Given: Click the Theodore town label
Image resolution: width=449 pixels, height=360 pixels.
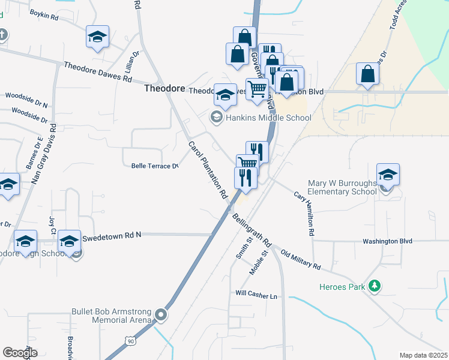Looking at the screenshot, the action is [164, 88].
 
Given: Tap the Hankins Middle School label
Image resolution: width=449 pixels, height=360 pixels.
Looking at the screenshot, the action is [268, 118].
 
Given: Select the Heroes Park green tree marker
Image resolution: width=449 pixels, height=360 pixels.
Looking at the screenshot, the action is [375, 286].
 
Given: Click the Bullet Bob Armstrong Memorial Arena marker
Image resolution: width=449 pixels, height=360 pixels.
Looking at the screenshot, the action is [160, 314].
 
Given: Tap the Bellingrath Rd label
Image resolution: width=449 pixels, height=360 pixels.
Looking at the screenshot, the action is [252, 230].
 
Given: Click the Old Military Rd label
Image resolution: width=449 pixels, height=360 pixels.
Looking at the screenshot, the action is [301, 259].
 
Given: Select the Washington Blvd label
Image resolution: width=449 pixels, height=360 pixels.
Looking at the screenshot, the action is [387, 241].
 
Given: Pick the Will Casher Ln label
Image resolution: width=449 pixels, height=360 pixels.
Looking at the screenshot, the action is [256, 295].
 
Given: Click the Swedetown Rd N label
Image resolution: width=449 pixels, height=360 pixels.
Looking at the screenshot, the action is [112, 235].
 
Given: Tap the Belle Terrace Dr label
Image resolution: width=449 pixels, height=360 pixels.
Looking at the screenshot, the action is [155, 166].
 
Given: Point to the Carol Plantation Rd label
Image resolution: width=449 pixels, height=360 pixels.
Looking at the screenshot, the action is [208, 170].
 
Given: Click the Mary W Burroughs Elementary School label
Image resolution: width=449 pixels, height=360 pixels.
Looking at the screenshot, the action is [342, 187].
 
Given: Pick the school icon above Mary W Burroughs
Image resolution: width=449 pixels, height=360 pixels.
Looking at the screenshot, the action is [388, 174].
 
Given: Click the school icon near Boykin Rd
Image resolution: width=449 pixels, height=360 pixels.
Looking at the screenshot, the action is [97, 37].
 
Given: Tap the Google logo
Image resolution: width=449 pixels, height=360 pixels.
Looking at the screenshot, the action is [20, 353].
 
